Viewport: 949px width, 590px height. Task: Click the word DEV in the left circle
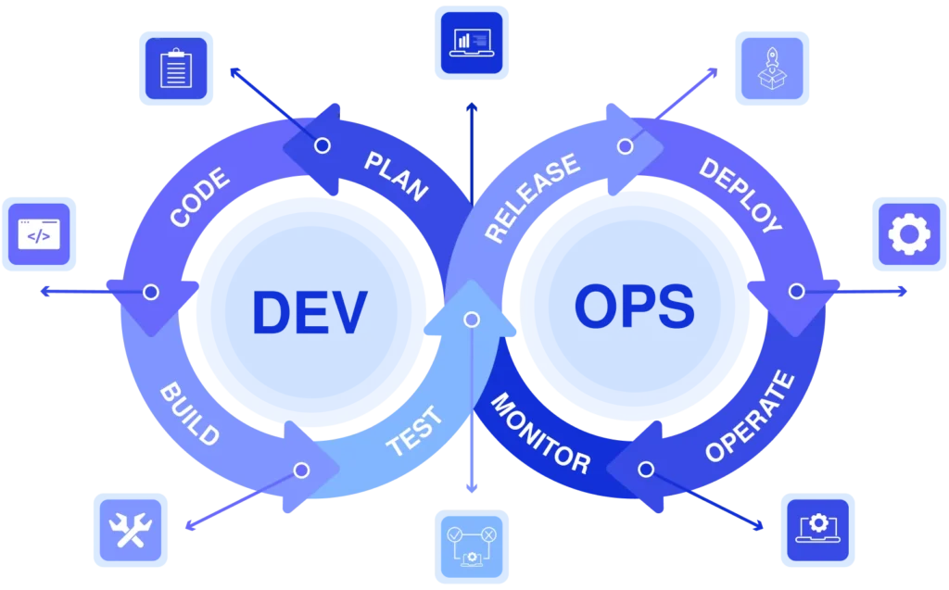coord(310,312)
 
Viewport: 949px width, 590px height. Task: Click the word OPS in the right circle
coord(634,307)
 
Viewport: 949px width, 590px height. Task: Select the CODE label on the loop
coord(200,197)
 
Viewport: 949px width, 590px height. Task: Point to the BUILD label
coord(190,412)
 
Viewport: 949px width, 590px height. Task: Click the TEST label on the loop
coord(414,431)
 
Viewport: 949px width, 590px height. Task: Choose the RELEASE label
coord(531,198)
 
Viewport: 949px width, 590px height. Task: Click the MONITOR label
coord(539,433)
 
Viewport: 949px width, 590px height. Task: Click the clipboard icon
coord(175,69)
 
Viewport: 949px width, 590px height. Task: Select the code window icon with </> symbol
coord(39,233)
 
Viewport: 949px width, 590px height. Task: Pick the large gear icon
coord(908,234)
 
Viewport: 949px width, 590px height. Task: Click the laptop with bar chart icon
coord(471,42)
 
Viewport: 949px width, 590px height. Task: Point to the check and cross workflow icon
coord(471,546)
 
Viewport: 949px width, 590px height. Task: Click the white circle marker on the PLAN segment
coord(323,145)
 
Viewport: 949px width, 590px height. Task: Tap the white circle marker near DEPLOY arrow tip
coord(796,292)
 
